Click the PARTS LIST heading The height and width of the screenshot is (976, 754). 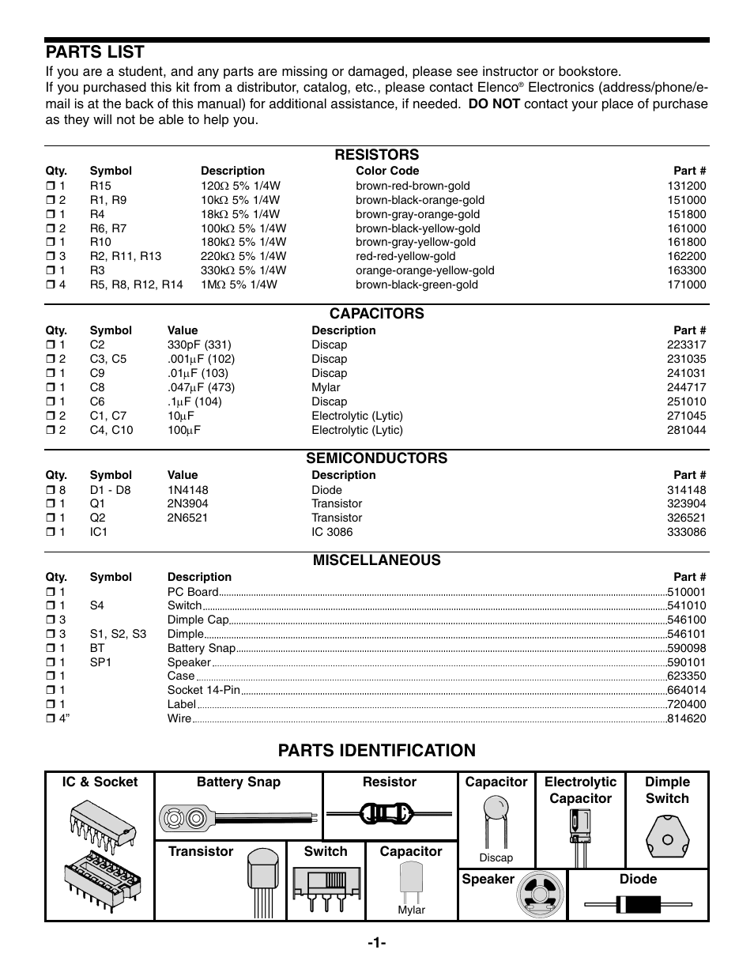tap(95, 52)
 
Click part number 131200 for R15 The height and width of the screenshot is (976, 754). tap(686, 186)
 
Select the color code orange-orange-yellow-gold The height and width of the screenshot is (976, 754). tap(424, 270)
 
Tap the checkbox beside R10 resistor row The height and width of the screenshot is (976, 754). tap(50, 243)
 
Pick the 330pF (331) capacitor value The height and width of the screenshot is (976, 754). tap(198, 345)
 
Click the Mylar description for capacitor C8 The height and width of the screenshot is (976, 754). tap(326, 387)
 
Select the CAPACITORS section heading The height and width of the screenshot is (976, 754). tap(376, 314)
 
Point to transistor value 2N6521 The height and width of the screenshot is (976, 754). tap(187, 518)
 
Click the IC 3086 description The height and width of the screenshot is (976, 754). tap(331, 532)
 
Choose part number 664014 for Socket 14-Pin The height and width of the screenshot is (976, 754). tap(686, 690)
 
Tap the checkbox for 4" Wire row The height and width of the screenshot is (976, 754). tap(50, 719)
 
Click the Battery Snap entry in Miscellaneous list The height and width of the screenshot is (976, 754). tap(201, 648)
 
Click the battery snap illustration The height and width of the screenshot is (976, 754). tap(237, 816)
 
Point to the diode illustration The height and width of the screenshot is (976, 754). tap(637, 904)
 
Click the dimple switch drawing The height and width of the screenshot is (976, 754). tap(667, 838)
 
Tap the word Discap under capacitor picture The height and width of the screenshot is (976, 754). tap(496, 857)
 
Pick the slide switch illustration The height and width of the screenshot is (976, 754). tap(325, 884)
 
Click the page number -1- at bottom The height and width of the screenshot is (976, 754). tap(376, 942)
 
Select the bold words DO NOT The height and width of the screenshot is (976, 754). tap(493, 104)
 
